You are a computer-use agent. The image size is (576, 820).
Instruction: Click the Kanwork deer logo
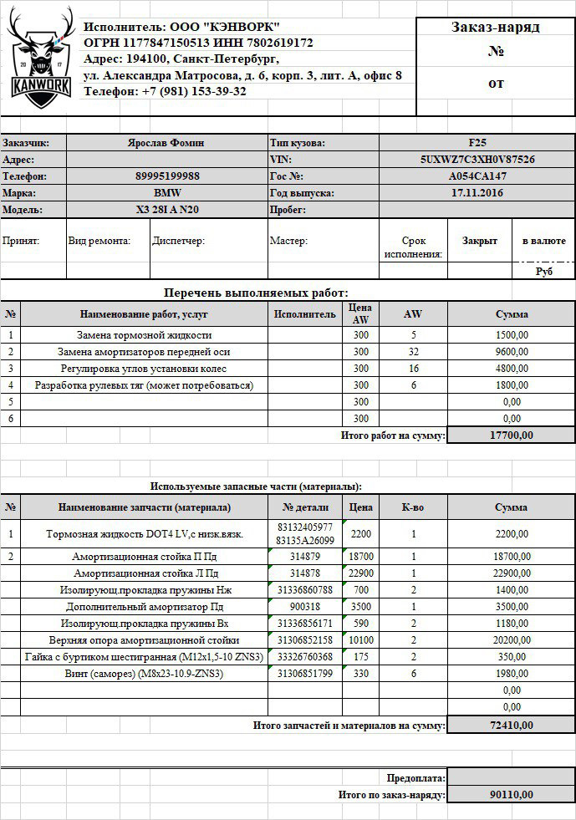(39, 60)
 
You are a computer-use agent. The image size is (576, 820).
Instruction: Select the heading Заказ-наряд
(496, 28)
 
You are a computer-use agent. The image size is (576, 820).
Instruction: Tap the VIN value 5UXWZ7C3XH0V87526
(477, 160)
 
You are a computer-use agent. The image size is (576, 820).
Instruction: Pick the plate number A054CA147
(477, 176)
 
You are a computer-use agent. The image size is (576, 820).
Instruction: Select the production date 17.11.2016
(477, 193)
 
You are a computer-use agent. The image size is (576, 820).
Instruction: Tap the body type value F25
(477, 143)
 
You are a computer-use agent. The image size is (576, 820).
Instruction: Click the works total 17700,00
(511, 435)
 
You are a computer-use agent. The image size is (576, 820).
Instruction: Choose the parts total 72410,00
(511, 725)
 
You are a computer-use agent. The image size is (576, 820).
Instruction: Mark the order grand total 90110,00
(511, 795)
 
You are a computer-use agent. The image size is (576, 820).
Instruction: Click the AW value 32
(413, 352)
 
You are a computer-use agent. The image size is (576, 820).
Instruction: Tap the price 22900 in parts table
(360, 573)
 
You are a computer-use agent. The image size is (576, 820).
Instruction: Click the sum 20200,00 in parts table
(511, 640)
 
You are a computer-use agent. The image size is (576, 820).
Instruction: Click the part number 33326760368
(305, 657)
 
